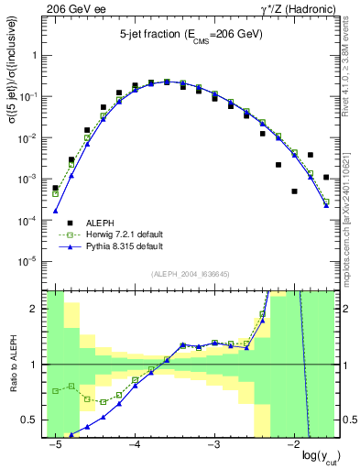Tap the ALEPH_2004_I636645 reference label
pos(190,272)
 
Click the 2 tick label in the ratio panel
pos(35,309)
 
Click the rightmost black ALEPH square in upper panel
pos(326,177)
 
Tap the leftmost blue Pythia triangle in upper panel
pos(55,212)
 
